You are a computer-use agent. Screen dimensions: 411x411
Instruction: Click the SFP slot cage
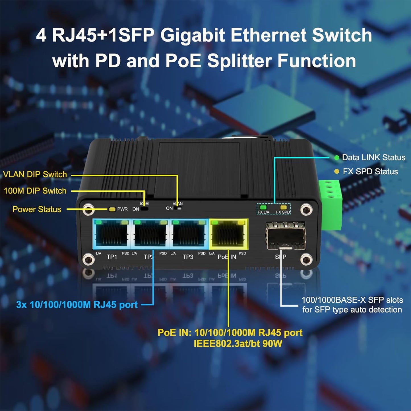point(286,236)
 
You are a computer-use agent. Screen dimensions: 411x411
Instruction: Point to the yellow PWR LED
point(112,209)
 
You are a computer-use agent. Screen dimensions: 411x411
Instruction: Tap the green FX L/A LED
point(263,207)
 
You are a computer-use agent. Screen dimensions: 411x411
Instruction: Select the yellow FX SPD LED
point(283,207)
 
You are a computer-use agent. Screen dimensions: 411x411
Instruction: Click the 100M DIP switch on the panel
point(145,209)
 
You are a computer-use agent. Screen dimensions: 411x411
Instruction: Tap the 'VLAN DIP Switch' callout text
point(35,174)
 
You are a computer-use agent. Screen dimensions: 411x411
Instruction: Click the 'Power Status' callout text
point(37,209)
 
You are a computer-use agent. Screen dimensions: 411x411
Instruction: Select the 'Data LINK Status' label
point(373,158)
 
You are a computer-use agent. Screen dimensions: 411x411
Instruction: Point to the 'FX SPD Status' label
point(370,172)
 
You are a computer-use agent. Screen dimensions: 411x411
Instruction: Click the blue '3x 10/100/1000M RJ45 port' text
point(77,305)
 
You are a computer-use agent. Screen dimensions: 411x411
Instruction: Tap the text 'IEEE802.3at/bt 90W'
point(238,344)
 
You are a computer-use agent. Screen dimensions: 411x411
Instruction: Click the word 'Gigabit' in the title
point(192,35)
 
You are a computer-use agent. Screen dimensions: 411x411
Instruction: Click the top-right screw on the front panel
point(306,209)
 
